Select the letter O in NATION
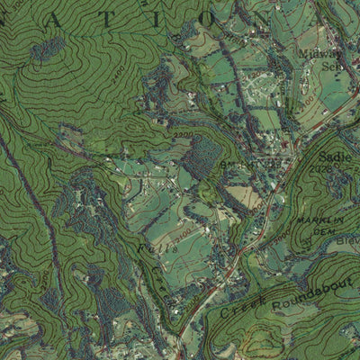click(178, 15)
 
